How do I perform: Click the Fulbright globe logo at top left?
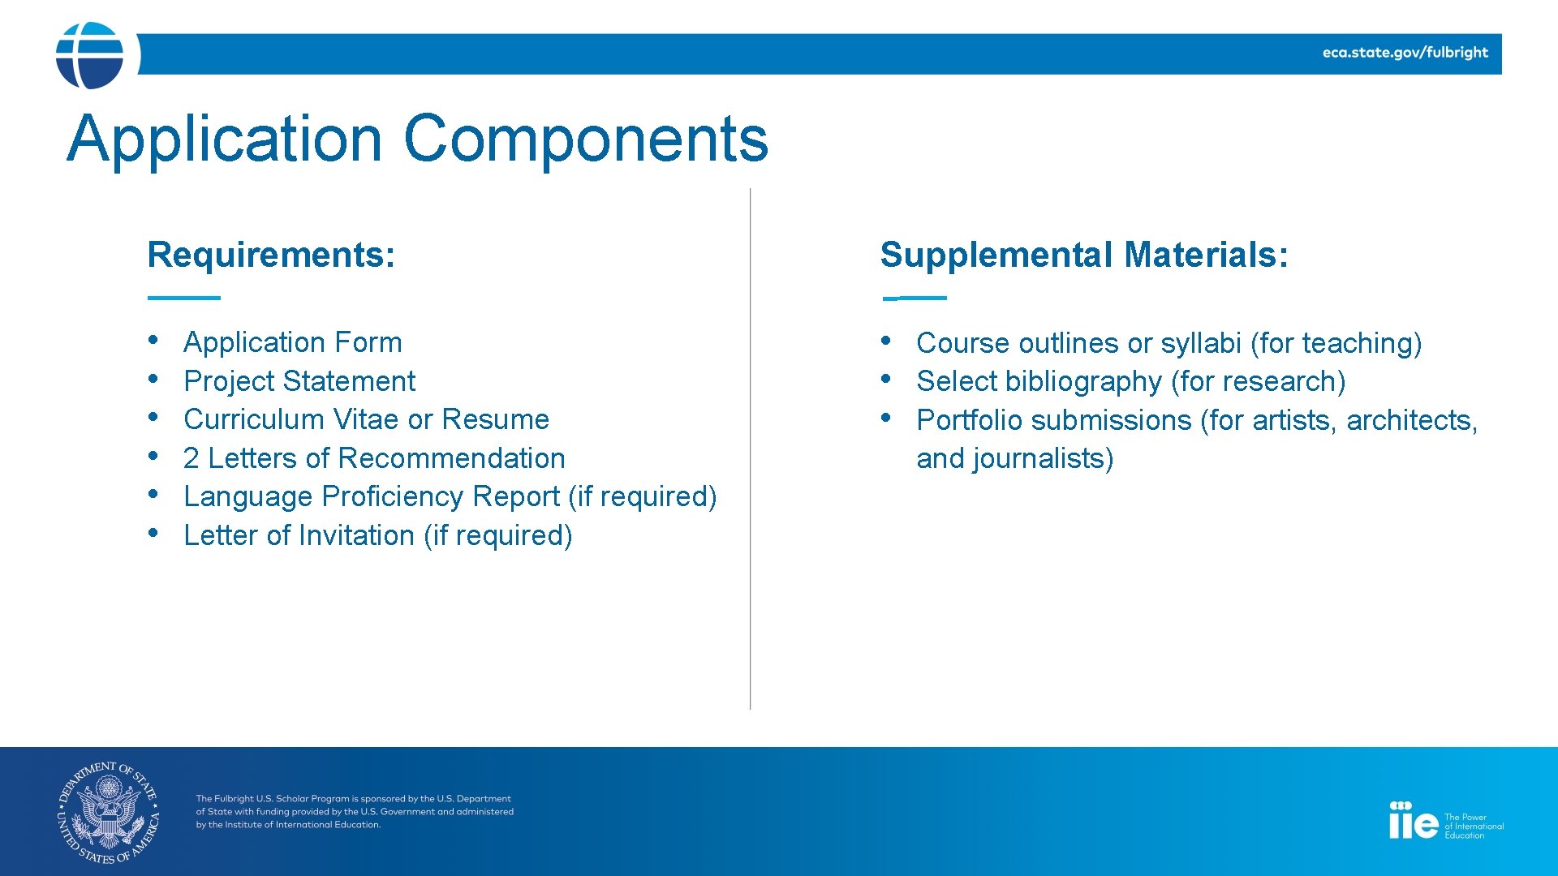point(89,55)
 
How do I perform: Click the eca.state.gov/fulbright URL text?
point(1405,53)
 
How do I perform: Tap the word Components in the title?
point(585,139)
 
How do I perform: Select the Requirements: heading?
point(271,255)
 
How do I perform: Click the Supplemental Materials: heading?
point(1083,255)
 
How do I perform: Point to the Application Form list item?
point(292,342)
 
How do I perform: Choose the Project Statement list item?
point(299,381)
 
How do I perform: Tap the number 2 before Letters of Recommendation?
point(191,459)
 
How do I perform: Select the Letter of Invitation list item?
point(377,535)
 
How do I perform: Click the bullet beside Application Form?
point(153,339)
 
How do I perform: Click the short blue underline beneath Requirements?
point(183,298)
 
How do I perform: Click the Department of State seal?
point(109,812)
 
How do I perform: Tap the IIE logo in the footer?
point(1413,821)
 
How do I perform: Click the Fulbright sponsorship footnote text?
point(354,812)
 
